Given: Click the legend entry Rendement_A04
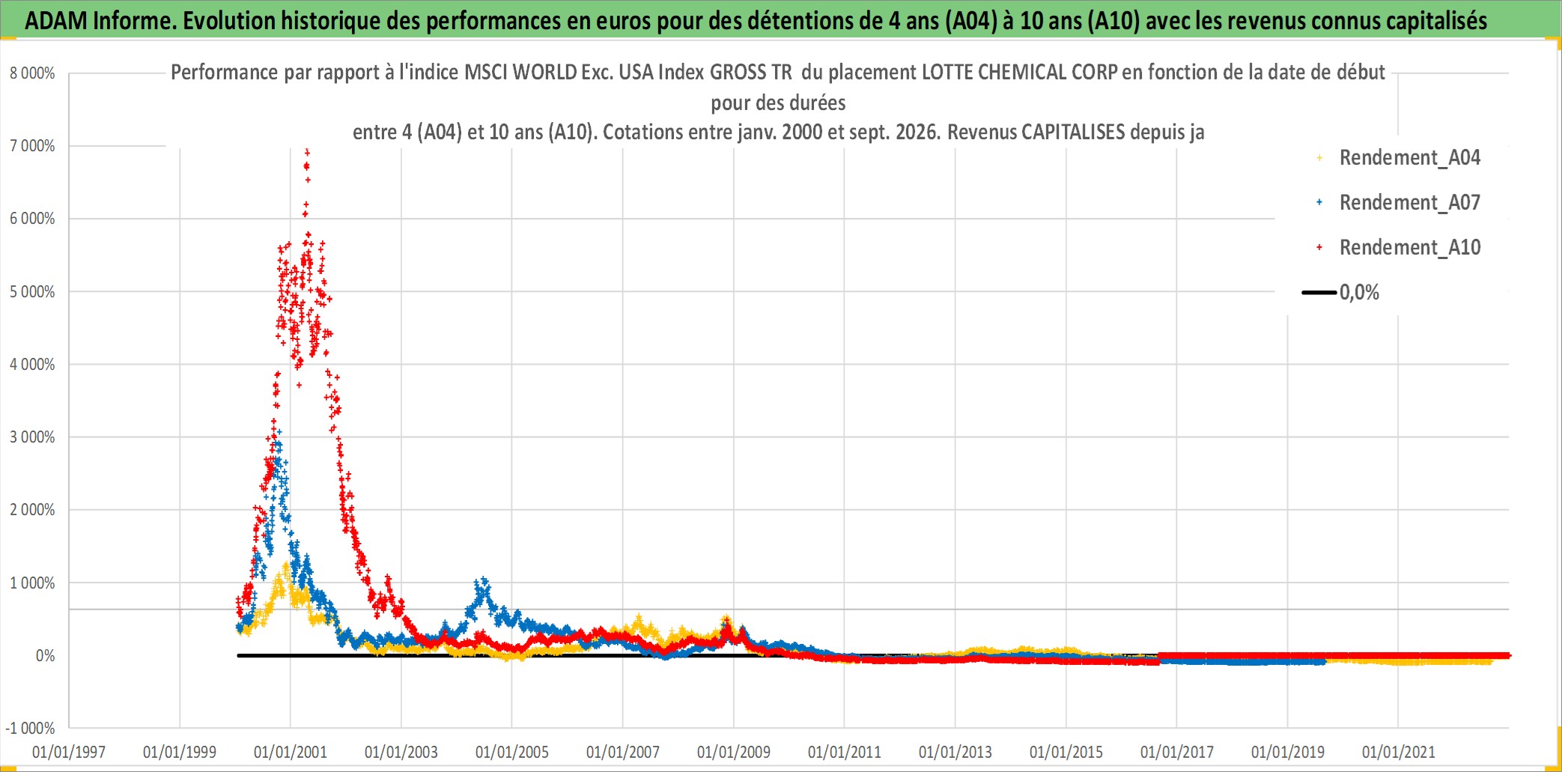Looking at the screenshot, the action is coord(1409,158).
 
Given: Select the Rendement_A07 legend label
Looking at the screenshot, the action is coord(1409,203).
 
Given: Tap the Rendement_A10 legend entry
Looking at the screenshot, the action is coord(1409,248).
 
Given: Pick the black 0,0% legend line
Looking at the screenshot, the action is coord(1319,292).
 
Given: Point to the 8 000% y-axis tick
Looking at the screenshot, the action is coord(32,73).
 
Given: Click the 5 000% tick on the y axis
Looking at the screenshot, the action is coord(32,292).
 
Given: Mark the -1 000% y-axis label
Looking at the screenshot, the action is coord(30,729).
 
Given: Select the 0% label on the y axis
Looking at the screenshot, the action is coord(46,656).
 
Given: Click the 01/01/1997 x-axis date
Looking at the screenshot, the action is coord(69,752).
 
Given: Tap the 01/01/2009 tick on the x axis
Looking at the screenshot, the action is coord(734,752).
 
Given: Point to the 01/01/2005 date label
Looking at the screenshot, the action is coord(512,752).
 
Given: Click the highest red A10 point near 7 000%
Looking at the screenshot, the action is coord(307,152).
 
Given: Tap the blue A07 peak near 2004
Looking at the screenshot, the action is coord(484,580).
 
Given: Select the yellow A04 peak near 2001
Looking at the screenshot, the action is coord(286,565).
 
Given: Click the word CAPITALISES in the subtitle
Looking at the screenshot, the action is coord(1073,132).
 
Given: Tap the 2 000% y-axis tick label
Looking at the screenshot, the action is coord(32,510).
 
